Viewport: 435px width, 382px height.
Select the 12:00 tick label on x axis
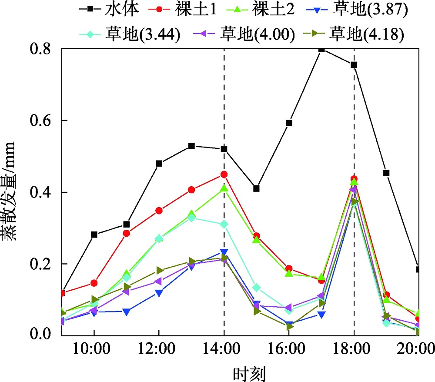click(x=159, y=349)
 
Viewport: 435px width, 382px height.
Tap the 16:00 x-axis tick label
click(x=289, y=349)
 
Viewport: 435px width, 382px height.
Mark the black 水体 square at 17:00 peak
click(x=321, y=49)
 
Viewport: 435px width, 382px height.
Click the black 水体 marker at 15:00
click(x=257, y=188)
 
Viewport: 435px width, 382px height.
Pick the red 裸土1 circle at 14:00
click(x=224, y=174)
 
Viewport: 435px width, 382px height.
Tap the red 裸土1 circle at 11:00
click(x=127, y=233)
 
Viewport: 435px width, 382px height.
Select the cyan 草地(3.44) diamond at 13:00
click(x=191, y=218)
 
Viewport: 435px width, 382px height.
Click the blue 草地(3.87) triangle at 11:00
click(x=127, y=312)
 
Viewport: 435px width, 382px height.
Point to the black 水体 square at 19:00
click(x=386, y=173)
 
